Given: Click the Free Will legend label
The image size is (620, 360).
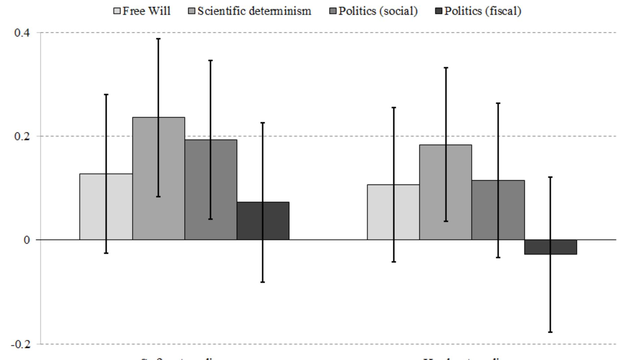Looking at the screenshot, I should [146, 11].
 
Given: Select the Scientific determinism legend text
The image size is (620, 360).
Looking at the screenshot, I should [254, 11].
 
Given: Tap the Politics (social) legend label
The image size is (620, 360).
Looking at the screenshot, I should [378, 11].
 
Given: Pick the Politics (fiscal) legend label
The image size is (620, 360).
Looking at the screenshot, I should [483, 11].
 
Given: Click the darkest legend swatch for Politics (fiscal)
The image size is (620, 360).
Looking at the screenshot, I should [439, 11].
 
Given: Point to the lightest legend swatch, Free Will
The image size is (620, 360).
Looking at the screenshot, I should [117, 11].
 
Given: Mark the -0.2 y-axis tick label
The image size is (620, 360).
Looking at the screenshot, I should [20, 344].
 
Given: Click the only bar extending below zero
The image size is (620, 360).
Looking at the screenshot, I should [551, 247].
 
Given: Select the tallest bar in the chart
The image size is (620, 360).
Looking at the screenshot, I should [158, 178].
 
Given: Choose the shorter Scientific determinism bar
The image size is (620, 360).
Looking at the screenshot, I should [446, 192].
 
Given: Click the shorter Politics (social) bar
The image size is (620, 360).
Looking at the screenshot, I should [498, 210].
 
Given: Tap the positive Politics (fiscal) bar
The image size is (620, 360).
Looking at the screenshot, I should [263, 221].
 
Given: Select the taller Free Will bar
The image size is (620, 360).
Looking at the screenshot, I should [106, 207].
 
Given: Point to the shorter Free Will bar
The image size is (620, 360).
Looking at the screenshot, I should [393, 212].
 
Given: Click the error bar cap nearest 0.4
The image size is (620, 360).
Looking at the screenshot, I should [158, 39].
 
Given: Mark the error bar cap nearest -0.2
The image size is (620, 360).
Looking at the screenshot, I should [550, 332].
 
